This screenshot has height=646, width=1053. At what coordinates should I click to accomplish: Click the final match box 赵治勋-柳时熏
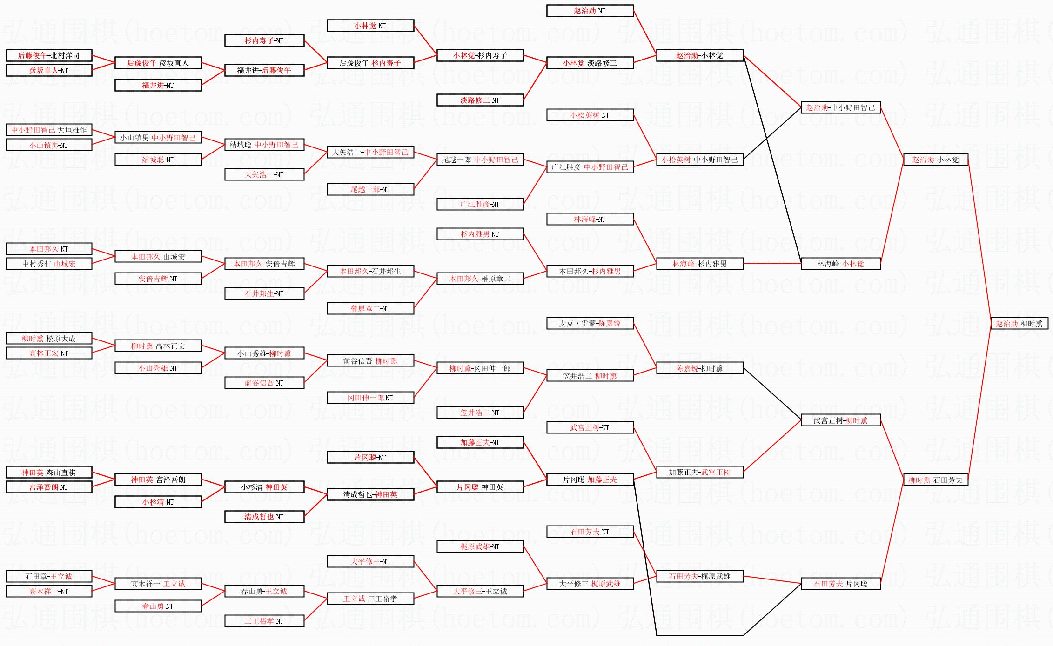[x=1019, y=323]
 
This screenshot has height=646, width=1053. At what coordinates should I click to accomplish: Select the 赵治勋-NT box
[x=590, y=11]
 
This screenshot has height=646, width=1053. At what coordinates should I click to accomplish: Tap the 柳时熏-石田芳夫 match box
[x=935, y=480]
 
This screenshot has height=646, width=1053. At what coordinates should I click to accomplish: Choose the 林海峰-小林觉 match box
[x=840, y=264]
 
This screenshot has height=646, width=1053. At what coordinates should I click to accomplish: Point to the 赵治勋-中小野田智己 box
[x=840, y=107]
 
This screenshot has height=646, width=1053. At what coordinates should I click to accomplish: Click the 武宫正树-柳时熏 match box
[x=840, y=420]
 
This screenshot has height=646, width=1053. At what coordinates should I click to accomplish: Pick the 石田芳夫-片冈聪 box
[x=840, y=584]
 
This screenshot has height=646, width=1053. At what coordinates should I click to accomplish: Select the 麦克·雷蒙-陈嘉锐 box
[x=590, y=323]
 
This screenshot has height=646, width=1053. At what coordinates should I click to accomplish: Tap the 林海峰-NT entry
[x=590, y=219]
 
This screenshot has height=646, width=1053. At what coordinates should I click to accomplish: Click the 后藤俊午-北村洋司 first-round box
[x=49, y=55]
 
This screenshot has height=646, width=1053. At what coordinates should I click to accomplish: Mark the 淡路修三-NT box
[x=480, y=100]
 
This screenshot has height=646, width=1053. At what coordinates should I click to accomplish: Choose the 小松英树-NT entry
[x=590, y=115]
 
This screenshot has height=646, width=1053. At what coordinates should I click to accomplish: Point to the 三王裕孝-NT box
[x=264, y=621]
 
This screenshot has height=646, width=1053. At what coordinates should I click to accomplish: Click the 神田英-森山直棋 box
[x=49, y=473]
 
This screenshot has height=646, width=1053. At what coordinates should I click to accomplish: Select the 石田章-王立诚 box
[x=49, y=576]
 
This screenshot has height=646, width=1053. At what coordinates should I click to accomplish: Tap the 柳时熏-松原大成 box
[x=49, y=339]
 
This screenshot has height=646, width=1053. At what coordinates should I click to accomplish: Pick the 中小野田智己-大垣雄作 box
[x=49, y=130]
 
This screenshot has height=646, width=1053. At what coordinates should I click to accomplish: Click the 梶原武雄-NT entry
[x=480, y=546]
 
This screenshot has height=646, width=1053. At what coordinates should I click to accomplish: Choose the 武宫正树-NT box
[x=590, y=427]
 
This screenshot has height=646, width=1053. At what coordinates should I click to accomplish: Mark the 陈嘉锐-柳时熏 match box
[x=699, y=368]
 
